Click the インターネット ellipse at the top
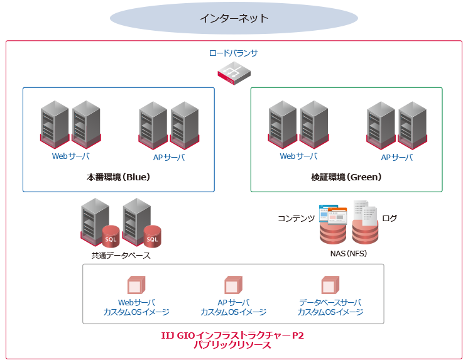234,18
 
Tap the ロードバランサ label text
234,53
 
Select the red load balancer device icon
234,75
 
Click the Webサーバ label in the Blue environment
70,156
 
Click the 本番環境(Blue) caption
118,177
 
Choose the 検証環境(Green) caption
346,177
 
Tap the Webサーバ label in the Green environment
298,156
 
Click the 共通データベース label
121,256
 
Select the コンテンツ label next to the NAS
297,219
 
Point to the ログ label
389,219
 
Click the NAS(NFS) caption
349,254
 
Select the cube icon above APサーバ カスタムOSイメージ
233,285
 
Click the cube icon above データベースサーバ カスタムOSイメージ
330,285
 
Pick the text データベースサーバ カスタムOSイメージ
330,307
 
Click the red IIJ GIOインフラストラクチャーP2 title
232,335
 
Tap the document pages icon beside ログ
365,213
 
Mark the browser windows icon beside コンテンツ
332,214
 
